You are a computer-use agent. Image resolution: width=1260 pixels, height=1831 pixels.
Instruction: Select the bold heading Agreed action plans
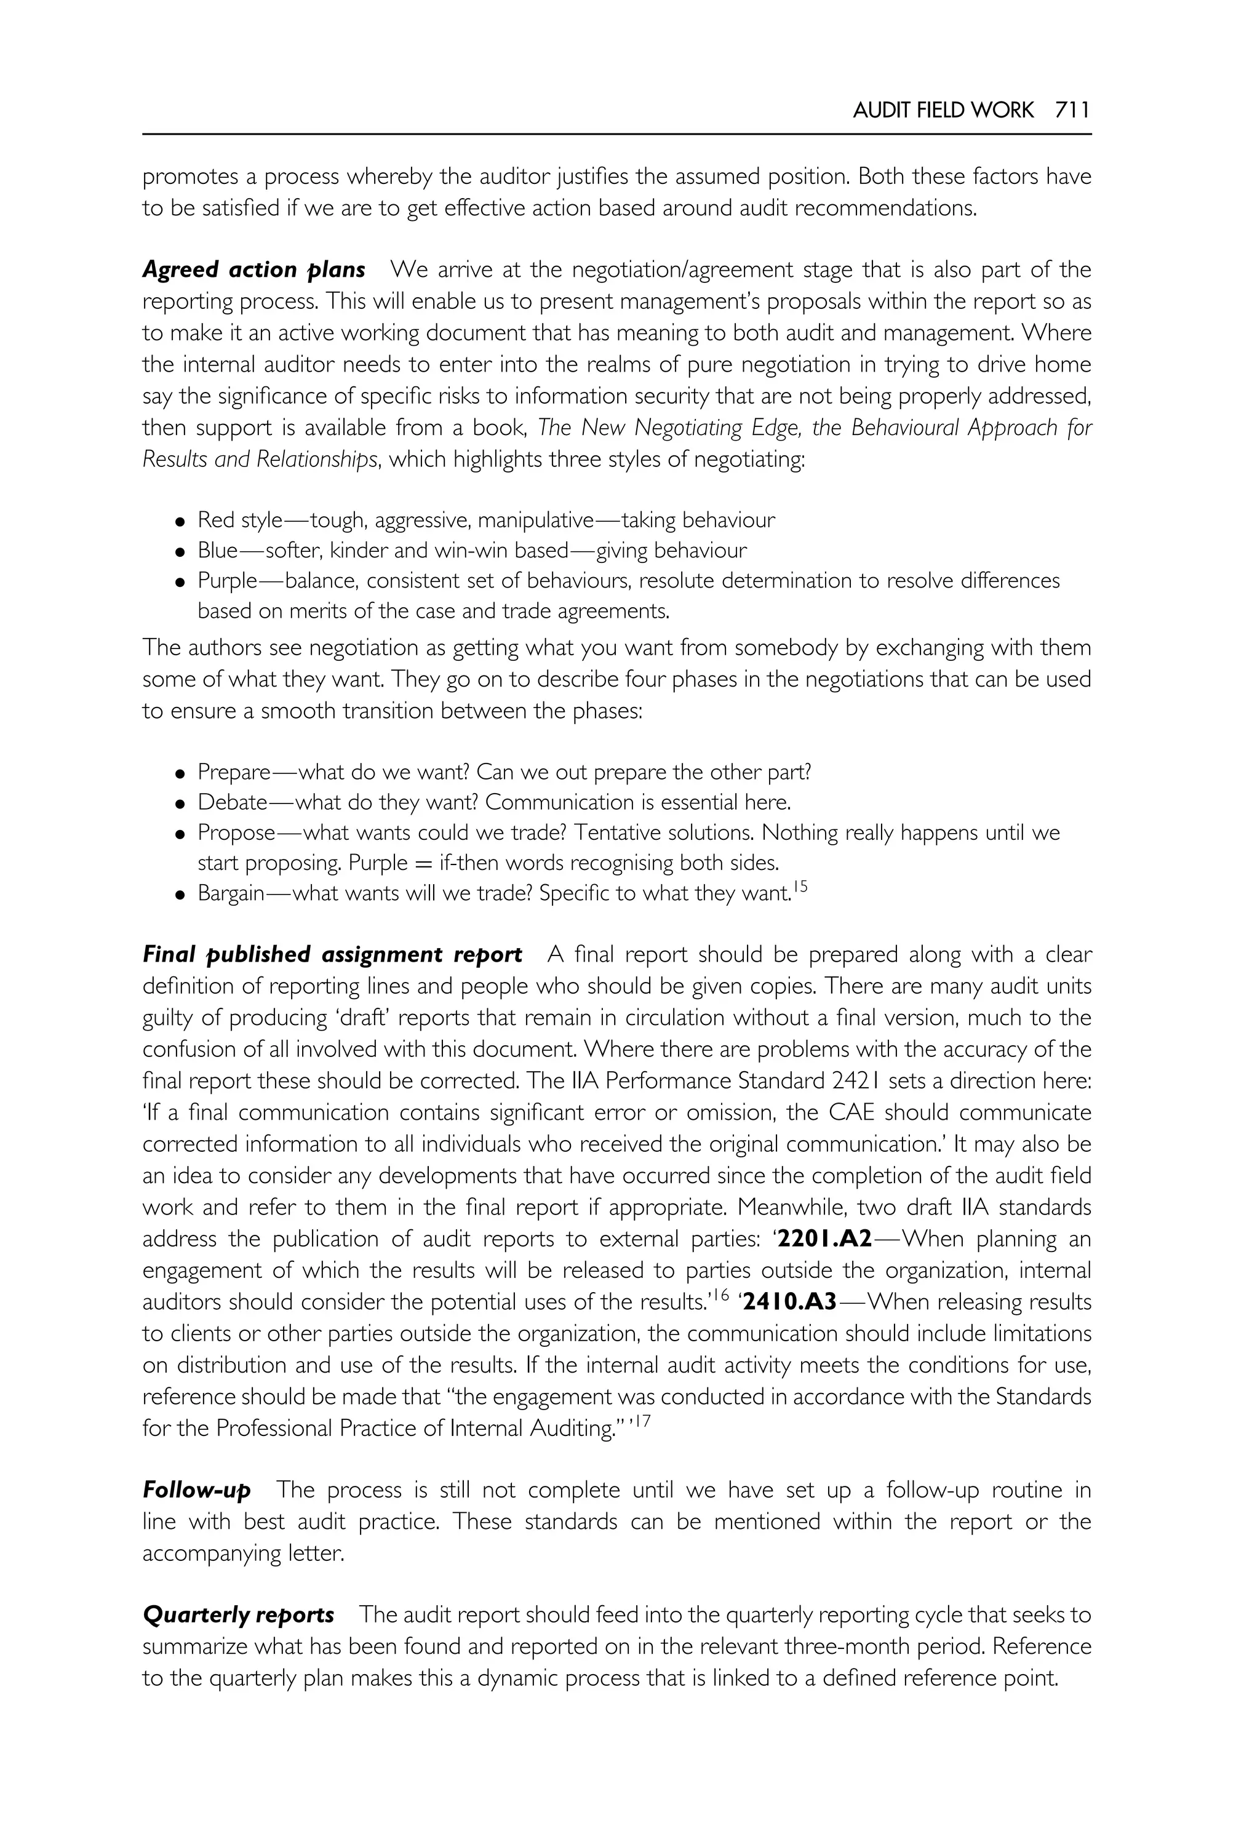click(253, 270)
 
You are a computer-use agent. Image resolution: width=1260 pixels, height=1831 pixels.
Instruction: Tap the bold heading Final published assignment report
click(332, 955)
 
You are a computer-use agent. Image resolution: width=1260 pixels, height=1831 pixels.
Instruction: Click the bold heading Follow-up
click(197, 1491)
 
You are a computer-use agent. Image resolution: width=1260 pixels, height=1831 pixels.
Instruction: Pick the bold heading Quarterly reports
click(239, 1616)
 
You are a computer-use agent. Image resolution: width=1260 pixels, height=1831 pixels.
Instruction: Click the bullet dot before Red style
click(181, 522)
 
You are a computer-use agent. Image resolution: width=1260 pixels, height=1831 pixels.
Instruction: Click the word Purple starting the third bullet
click(228, 581)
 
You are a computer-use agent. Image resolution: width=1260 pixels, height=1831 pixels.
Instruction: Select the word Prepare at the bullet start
click(234, 772)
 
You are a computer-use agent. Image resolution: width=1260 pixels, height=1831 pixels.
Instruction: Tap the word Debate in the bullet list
click(232, 803)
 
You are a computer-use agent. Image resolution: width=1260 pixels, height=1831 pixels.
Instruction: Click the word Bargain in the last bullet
click(231, 894)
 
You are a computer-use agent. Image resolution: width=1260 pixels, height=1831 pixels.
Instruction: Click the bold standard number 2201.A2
click(824, 1240)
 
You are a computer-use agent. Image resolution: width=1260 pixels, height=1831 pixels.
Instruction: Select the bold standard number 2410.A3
click(789, 1302)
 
